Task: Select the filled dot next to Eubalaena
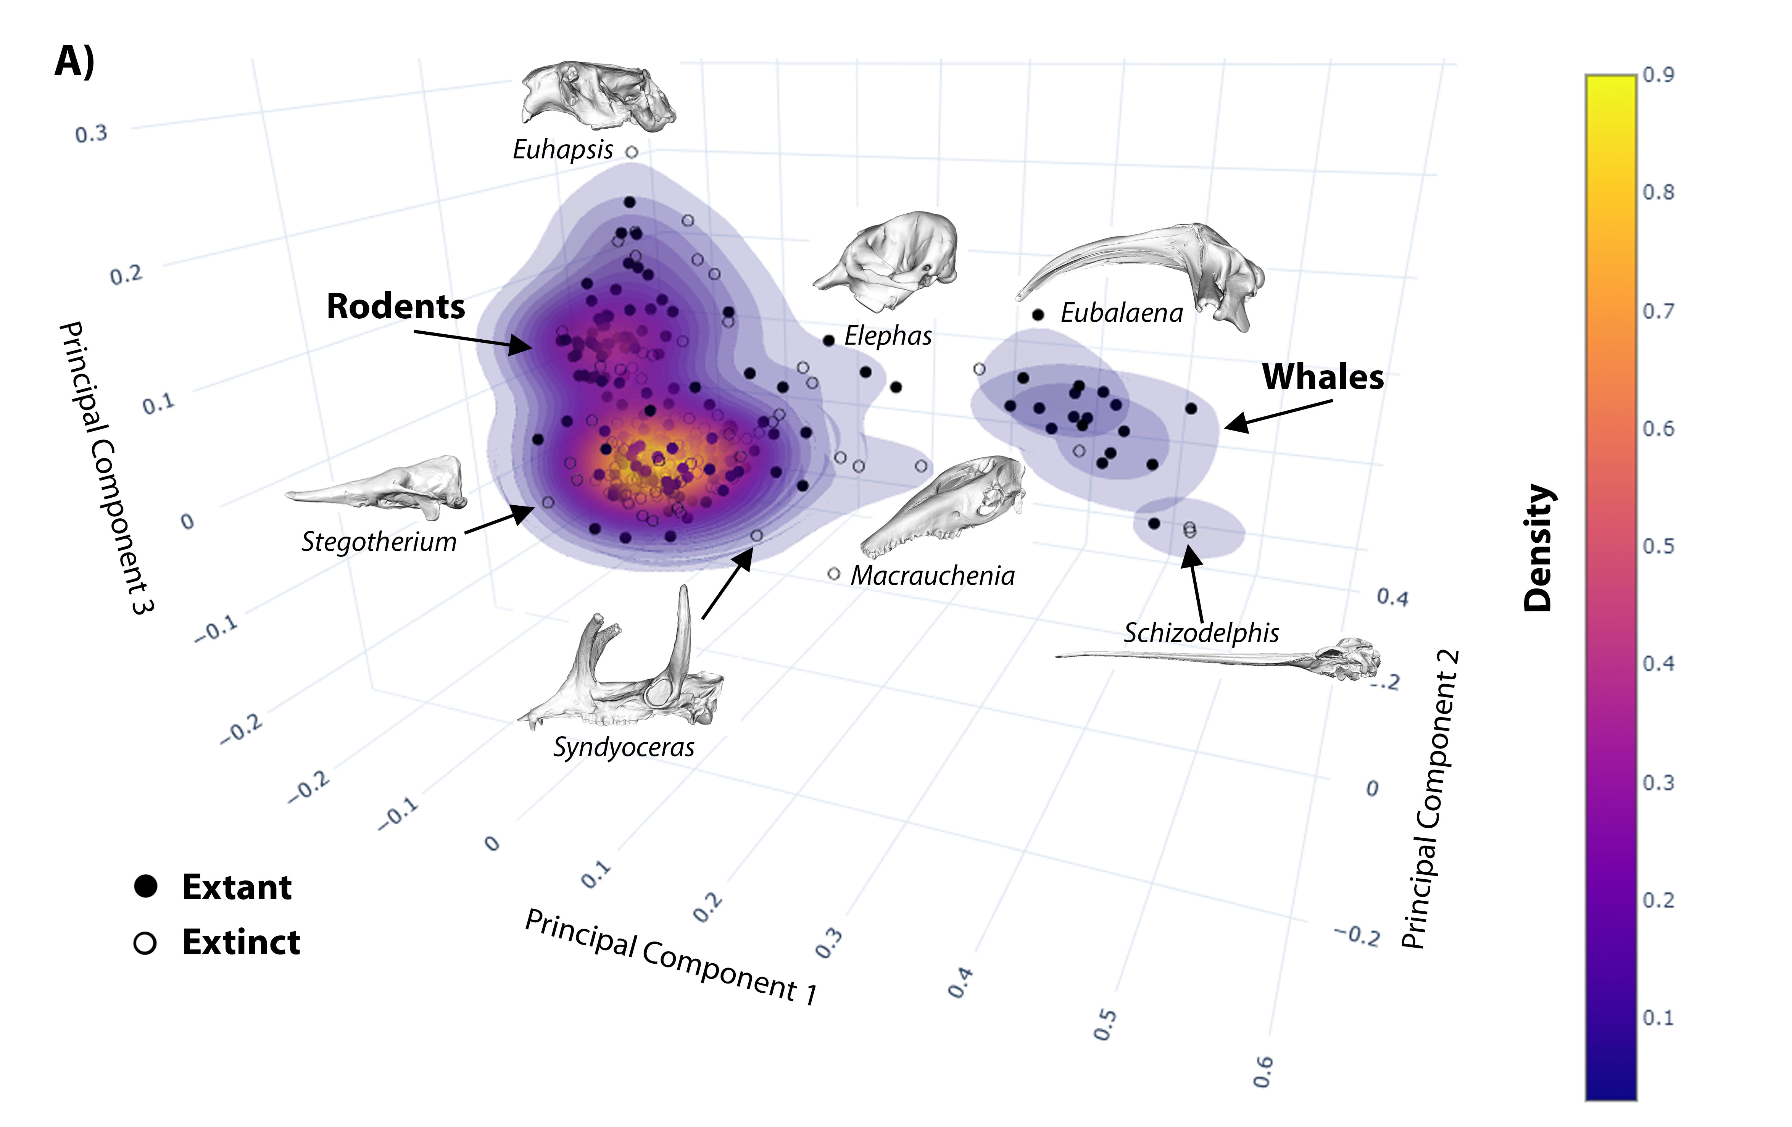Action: [1038, 315]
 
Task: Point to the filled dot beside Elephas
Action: [829, 340]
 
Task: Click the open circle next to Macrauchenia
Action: [833, 574]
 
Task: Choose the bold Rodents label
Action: [395, 307]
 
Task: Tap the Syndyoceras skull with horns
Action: [625, 670]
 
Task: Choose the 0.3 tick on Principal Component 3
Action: [91, 134]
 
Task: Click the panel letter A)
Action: [74, 61]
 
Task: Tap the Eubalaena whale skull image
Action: [1146, 268]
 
